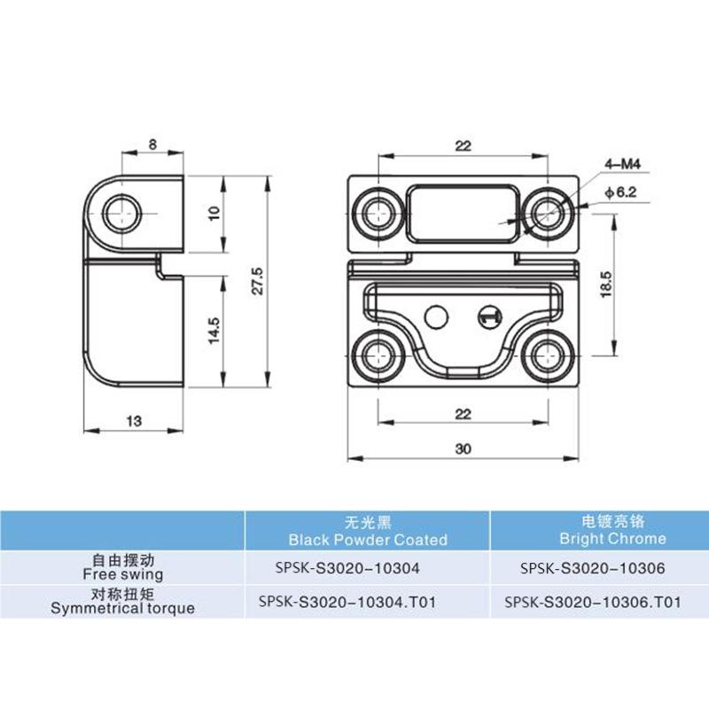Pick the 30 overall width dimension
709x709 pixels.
tap(463, 448)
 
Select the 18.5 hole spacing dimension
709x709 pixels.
tap(606, 284)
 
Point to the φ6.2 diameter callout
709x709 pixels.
tap(619, 191)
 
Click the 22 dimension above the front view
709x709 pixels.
tap(463, 144)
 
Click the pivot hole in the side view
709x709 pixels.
tap(121, 213)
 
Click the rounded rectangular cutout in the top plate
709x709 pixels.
tap(463, 212)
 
